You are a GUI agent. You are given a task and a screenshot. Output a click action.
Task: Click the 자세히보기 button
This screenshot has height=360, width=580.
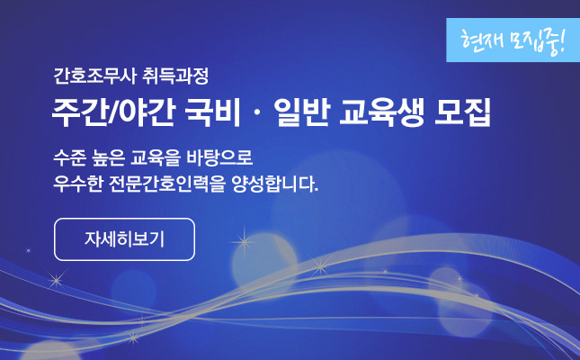[x=124, y=239]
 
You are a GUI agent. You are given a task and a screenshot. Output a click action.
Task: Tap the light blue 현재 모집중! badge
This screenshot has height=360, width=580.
[x=513, y=40]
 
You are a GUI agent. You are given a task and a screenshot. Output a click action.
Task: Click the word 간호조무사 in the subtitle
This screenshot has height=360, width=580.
[x=95, y=76]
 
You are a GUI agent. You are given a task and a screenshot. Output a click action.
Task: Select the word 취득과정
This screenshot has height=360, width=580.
[x=175, y=76]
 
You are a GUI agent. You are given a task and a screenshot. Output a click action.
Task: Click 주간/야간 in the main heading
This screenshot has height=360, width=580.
[x=113, y=112]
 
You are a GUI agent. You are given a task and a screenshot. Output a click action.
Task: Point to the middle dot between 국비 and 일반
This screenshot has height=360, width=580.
[x=257, y=113]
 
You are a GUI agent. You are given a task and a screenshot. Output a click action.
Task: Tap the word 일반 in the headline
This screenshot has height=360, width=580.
[x=301, y=112]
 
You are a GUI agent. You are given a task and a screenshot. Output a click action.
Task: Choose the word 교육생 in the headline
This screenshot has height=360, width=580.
[x=381, y=112]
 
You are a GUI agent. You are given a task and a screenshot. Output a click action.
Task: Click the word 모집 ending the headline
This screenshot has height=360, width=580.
[x=462, y=112]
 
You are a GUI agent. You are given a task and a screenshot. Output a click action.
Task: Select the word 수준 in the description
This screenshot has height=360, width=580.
[x=69, y=157]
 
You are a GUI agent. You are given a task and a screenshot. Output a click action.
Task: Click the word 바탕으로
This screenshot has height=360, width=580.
[x=219, y=157]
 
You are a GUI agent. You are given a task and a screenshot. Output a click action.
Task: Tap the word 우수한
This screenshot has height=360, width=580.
[x=78, y=184]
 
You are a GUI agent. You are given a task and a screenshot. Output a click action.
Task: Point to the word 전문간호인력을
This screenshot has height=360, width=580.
[x=167, y=184]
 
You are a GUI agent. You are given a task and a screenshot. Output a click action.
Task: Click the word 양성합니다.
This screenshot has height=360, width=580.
[x=275, y=184]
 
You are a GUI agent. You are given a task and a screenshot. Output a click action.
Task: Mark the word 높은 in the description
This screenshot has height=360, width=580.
[x=109, y=157]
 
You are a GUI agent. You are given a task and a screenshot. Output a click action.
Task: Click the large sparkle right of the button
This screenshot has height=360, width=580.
[x=244, y=242]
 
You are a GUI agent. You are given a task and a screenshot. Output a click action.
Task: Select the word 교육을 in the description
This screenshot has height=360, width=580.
[x=156, y=157]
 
